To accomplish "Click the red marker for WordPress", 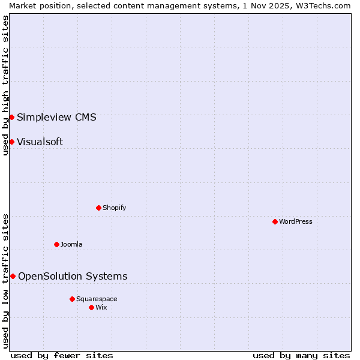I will coord(275,221).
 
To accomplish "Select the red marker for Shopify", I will coord(98,208).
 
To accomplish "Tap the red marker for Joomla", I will coord(56,244).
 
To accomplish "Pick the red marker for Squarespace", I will coord(72,299).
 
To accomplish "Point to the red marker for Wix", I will coord(91,307).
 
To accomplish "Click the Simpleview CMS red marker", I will coord(11,117).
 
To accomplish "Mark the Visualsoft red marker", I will coord(11,142).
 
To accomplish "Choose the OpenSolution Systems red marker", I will coord(13,276).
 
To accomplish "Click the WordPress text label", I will coord(296,221).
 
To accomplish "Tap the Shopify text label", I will coord(114,208).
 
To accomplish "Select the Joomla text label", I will coord(71,244).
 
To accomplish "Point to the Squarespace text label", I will coord(97,299).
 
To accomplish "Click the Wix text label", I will coord(101,307).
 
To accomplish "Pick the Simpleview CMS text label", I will coord(56,117).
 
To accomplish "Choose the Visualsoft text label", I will coord(40,142).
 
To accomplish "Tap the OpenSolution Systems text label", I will coord(73,276).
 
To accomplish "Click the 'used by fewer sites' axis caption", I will coord(62,355).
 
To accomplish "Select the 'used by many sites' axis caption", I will coord(301,355).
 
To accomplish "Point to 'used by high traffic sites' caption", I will coord(5,85).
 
